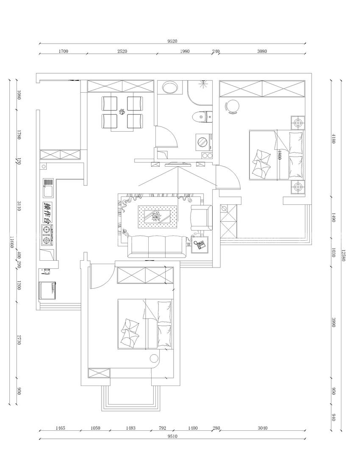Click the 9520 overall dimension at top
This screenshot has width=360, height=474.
tap(172, 41)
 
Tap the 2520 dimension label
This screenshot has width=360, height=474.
tap(122, 51)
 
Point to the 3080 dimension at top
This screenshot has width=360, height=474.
tap(262, 51)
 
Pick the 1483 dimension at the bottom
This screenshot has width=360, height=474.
tap(131, 428)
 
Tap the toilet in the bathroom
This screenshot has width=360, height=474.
tap(202, 117)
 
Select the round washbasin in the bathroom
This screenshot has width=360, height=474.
tap(170, 88)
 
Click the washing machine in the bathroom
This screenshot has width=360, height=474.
tap(203, 141)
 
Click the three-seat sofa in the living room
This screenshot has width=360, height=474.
tap(157, 246)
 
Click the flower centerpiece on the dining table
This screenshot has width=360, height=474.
tap(122, 112)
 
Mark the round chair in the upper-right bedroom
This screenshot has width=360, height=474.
tap(233, 106)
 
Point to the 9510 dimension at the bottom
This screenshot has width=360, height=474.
tap(172, 436)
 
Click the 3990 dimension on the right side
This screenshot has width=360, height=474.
tap(333, 322)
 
